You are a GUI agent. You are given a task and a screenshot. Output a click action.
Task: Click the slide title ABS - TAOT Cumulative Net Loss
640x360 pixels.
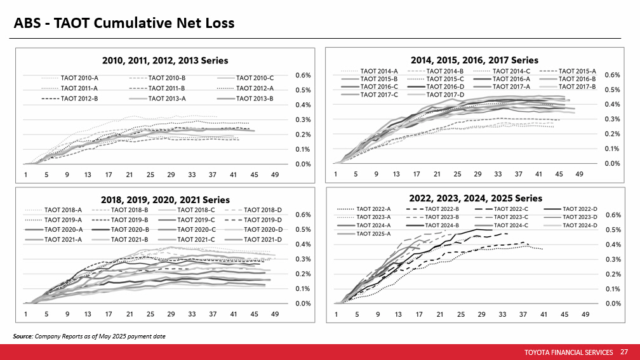(x=125, y=23)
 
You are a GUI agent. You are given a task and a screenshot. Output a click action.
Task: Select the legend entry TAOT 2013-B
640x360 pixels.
(x=254, y=98)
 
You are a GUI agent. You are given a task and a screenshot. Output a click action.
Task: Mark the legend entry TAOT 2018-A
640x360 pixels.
(x=64, y=210)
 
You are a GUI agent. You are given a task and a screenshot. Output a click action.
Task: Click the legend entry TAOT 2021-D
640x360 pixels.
(x=263, y=239)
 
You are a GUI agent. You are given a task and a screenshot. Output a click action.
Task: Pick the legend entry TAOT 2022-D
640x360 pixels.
(x=580, y=208)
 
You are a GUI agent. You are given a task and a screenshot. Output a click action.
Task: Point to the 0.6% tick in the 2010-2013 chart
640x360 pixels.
(x=302, y=75)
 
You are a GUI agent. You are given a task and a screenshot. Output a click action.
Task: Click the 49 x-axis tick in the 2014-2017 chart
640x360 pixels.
(x=580, y=173)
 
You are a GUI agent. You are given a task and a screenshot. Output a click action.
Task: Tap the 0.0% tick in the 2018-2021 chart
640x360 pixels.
(x=302, y=303)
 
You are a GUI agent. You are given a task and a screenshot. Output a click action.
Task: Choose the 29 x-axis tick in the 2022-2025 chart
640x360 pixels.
(x=481, y=314)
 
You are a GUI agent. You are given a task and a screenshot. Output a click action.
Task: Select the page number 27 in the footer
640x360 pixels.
(x=624, y=352)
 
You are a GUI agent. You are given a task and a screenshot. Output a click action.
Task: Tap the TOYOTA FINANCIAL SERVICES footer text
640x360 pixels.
(x=570, y=352)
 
